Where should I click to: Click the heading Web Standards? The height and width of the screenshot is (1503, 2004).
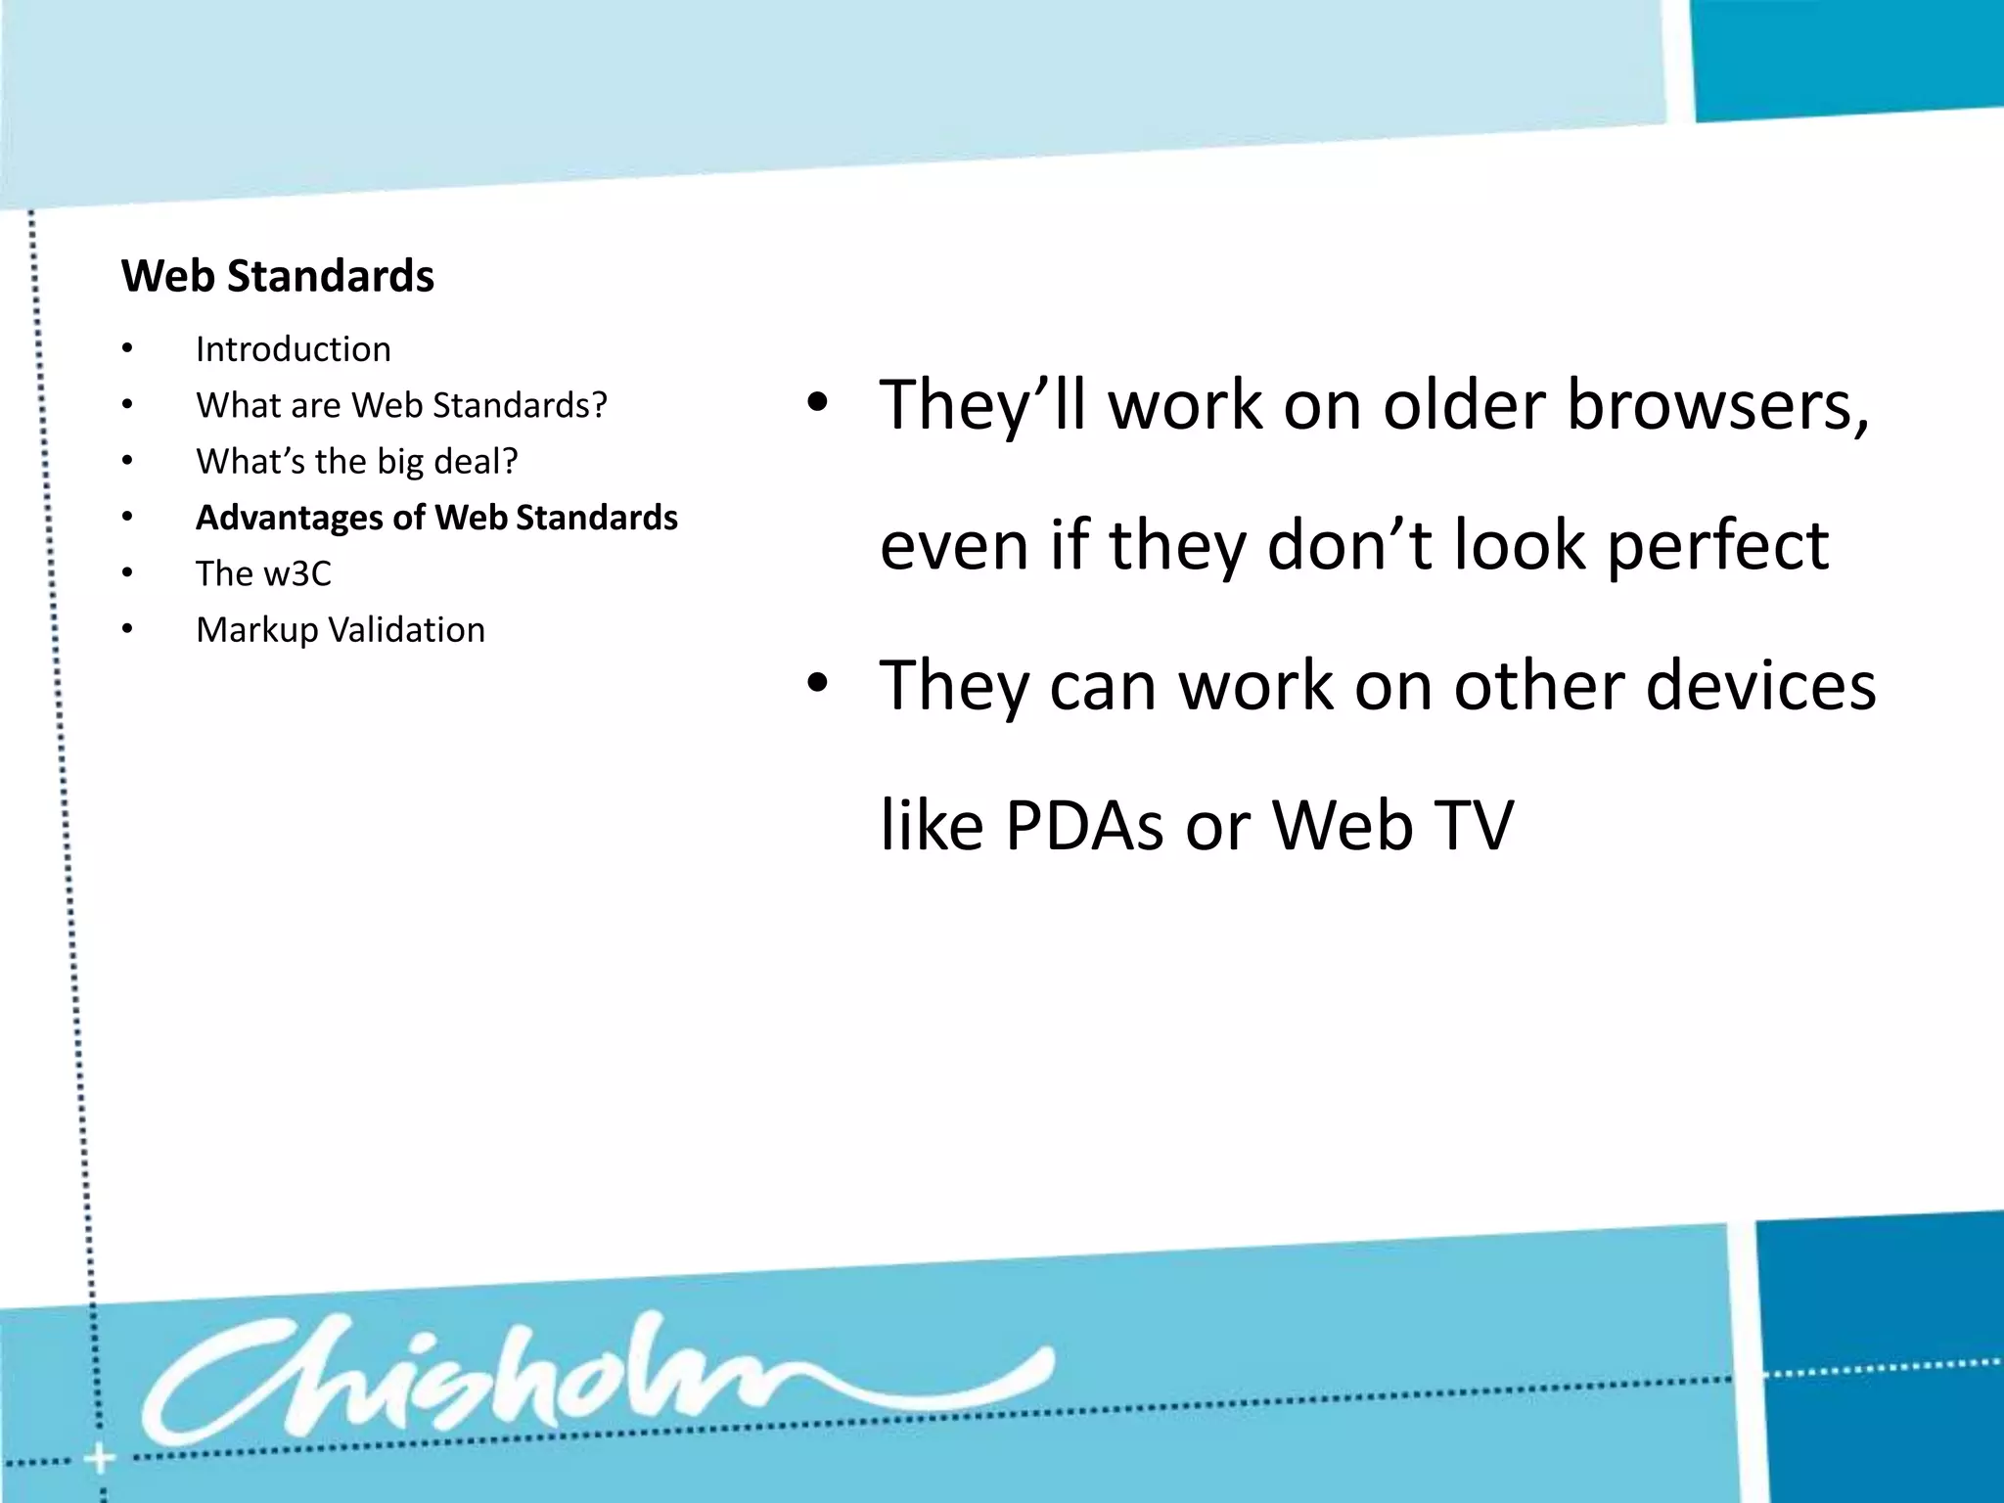tap(277, 276)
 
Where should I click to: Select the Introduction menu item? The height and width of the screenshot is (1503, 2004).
tap(293, 349)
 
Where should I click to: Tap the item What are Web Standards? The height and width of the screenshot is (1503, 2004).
tap(401, 405)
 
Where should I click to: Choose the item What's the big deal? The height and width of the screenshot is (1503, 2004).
tap(356, 461)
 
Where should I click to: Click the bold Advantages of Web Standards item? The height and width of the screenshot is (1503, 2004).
tap(436, 518)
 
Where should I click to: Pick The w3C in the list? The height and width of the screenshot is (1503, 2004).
tap(263, 573)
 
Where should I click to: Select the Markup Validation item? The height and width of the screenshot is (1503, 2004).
tap(340, 630)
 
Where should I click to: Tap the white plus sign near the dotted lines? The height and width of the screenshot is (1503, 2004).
tap(99, 1460)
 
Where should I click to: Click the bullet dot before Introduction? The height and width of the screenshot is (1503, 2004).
tap(127, 349)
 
